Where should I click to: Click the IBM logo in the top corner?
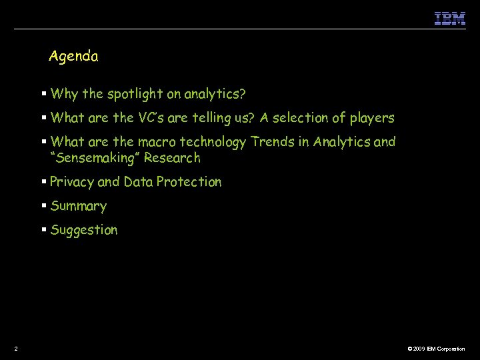(x=450, y=18)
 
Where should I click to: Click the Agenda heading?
(x=73, y=57)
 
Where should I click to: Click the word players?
(x=370, y=118)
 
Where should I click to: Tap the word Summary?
(x=78, y=206)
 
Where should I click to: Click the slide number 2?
(x=15, y=349)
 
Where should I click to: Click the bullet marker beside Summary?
(x=43, y=206)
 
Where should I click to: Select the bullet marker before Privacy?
(x=43, y=182)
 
